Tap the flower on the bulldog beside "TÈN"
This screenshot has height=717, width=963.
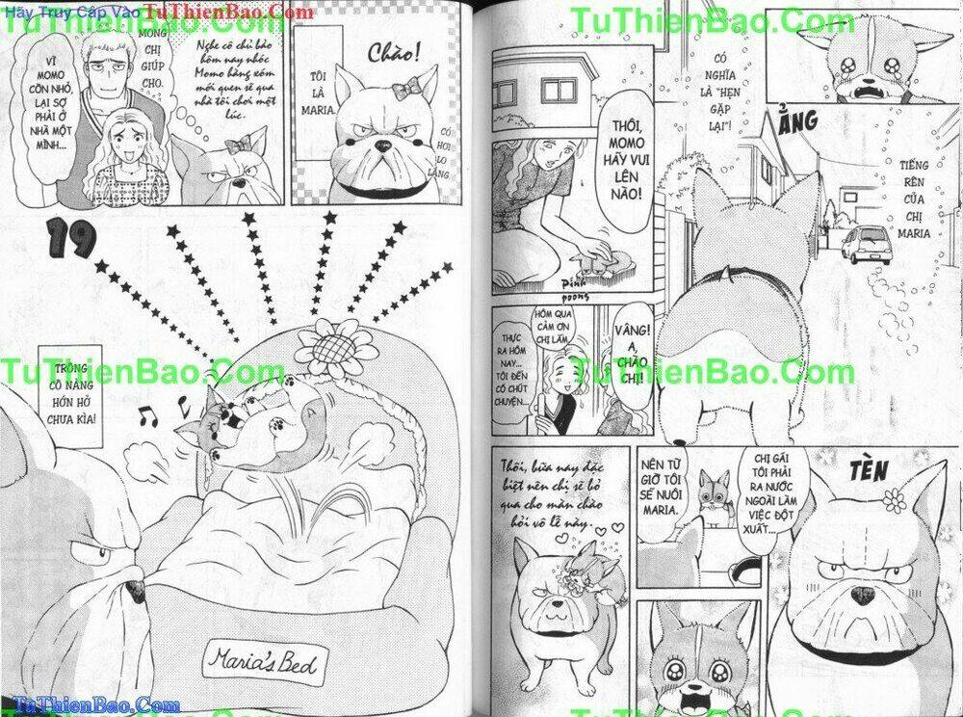point(894,500)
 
